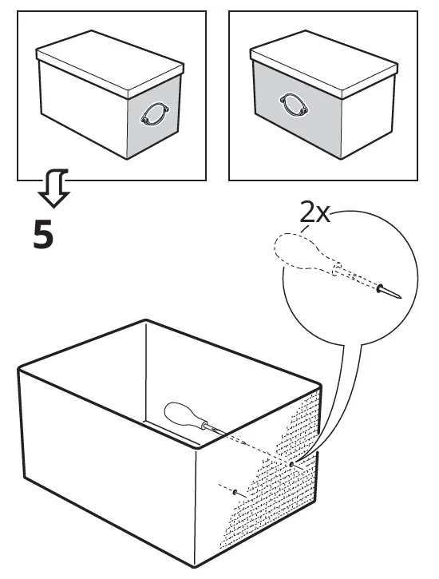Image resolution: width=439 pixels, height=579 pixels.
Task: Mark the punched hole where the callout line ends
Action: (292, 462)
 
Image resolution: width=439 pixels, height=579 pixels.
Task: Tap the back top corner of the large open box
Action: (146, 322)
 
